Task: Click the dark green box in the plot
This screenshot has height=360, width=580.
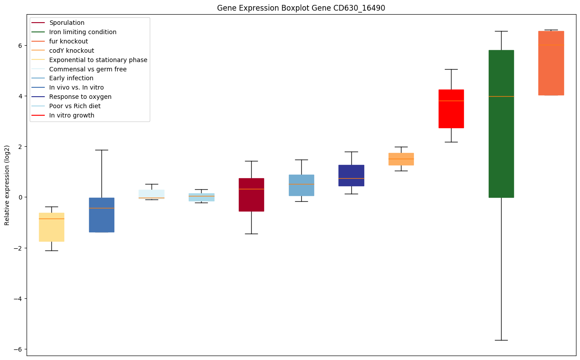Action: coord(501,124)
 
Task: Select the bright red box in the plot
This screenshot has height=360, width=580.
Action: coord(451,109)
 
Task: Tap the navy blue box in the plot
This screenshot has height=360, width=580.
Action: coord(351,175)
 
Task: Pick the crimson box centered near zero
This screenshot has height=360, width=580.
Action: coord(251,195)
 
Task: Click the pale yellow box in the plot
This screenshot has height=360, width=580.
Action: coord(51,227)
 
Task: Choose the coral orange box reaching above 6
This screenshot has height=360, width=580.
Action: coord(551,63)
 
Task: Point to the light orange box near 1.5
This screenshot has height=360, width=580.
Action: coord(401,159)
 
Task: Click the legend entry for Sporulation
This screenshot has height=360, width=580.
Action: coord(67,23)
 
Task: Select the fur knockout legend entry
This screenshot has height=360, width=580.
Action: coord(69,41)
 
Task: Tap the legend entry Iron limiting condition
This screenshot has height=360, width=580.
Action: coord(83,32)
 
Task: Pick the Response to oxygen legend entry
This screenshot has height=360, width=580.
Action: coord(80,97)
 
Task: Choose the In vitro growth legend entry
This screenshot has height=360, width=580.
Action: coord(72,115)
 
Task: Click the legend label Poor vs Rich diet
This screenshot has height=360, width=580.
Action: coord(75,106)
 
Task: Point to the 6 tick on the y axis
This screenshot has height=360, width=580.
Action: coord(20,45)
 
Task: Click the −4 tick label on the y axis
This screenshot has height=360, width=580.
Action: coord(18,298)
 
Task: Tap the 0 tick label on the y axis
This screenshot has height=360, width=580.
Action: coord(20,197)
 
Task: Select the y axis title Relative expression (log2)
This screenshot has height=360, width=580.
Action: coord(7,185)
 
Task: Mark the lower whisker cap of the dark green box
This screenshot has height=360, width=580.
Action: coord(501,340)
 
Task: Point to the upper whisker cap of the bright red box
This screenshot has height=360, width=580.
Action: coord(451,69)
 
